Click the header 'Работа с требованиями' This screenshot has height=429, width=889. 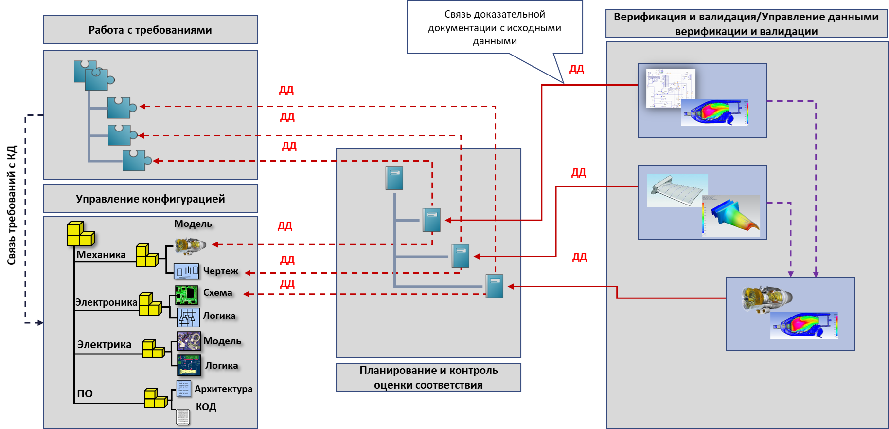coord(150,30)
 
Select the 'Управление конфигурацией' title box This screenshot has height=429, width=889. coord(150,199)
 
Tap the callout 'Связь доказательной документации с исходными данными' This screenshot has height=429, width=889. coord(494,27)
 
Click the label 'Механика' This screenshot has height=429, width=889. coord(101,255)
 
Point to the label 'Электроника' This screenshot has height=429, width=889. coord(106,302)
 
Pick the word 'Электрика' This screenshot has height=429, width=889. coord(104,345)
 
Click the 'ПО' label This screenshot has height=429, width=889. coord(85,393)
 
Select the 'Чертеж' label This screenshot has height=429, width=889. coord(220,271)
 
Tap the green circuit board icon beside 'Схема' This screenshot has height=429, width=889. coord(186,295)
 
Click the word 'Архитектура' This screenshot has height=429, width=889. coord(223,389)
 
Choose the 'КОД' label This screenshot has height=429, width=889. coord(206,407)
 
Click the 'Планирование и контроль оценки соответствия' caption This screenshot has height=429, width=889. coord(428,377)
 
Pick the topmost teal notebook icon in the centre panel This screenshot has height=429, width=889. coord(394,178)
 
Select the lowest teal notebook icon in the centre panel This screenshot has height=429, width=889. coord(494,286)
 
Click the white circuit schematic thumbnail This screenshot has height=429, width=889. coord(670,88)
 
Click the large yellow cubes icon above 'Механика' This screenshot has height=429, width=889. coord(80,234)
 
